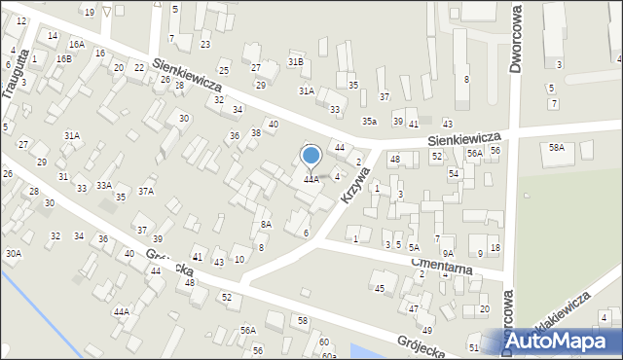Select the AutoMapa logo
coord(563,342)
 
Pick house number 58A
coord(556,147)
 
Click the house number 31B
coord(295,61)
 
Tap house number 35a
coord(370,121)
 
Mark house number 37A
coord(146,192)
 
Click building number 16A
coord(76,45)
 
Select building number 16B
coord(63,59)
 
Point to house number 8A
coord(266,225)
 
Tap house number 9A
coord(448,253)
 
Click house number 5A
coord(414,248)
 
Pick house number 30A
coord(13,253)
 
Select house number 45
coord(380,288)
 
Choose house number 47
coord(414,308)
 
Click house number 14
coord(52,36)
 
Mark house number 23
coord(205,45)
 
